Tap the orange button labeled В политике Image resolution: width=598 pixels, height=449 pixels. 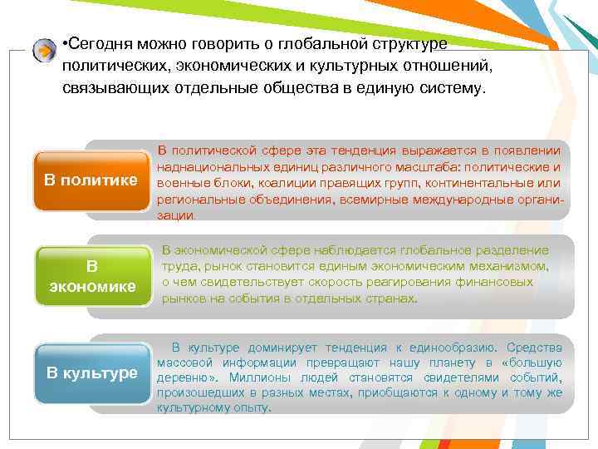[x=91, y=180]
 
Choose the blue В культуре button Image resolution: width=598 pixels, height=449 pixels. [x=91, y=373]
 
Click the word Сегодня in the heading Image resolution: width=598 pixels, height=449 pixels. [x=105, y=43]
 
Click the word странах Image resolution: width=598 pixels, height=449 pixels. [x=393, y=299]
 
